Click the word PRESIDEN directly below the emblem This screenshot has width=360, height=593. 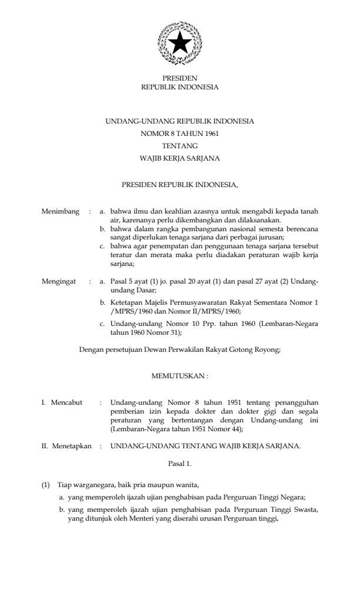click(179, 78)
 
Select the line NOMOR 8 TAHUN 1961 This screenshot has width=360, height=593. click(179, 133)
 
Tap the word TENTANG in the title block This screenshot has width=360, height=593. click(179, 145)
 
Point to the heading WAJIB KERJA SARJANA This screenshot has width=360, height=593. click(179, 158)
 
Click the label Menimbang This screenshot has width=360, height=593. click(61, 211)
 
